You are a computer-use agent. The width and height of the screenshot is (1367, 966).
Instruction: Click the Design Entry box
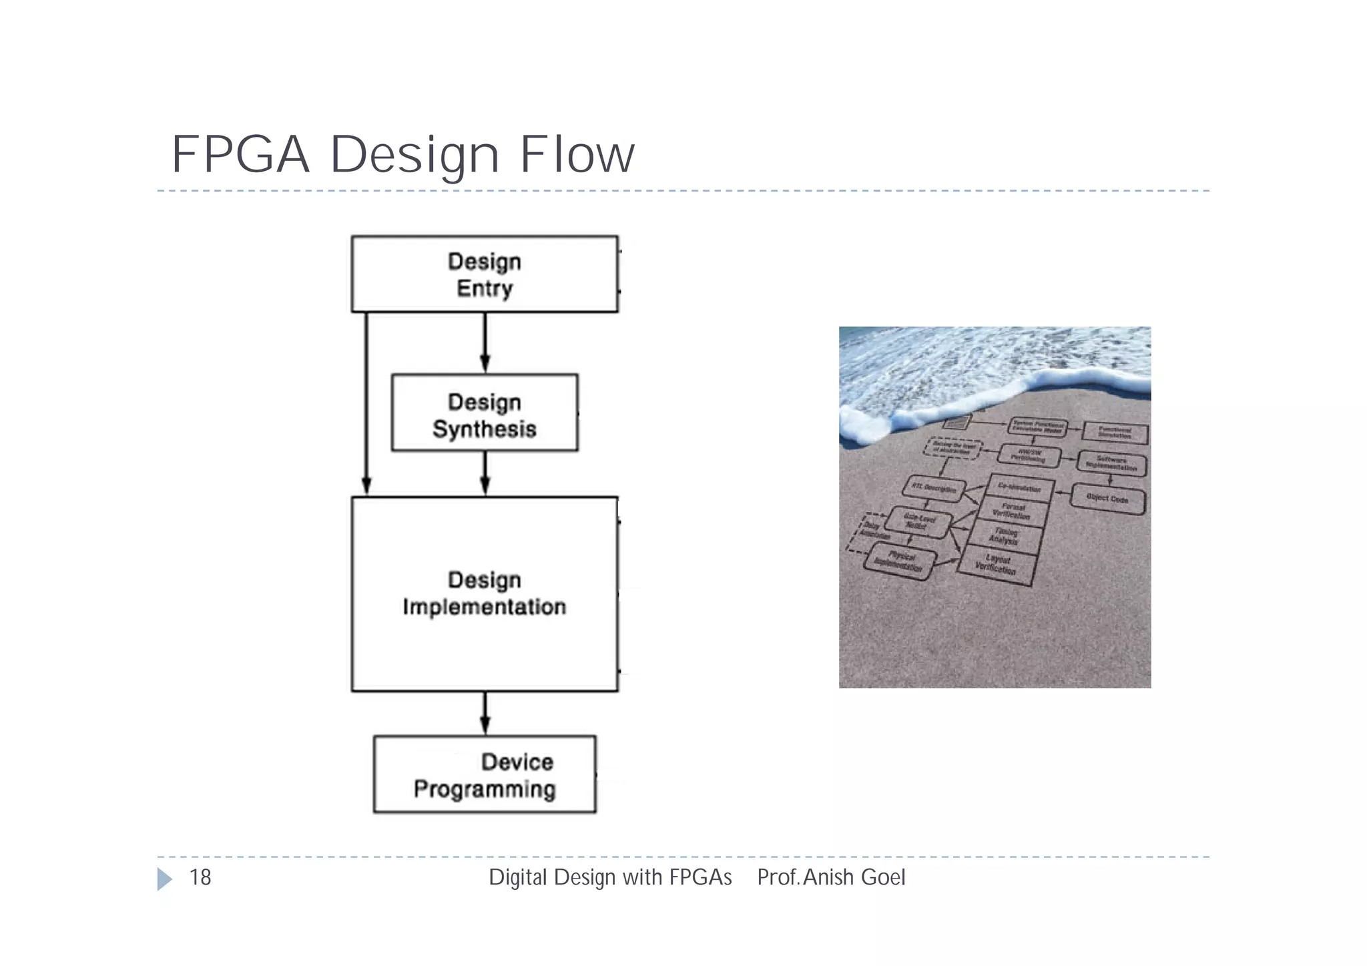coord(485,274)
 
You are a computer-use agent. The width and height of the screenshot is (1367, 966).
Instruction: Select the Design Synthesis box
coord(485,413)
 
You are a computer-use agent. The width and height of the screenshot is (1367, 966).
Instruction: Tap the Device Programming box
coord(485,774)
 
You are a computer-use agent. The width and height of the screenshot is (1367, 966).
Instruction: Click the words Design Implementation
coord(485,593)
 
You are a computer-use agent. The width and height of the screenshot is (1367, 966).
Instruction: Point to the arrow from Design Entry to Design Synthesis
coord(485,342)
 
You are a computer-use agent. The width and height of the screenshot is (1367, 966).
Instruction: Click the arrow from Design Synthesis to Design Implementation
coord(485,473)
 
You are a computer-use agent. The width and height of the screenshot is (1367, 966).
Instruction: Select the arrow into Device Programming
coord(485,713)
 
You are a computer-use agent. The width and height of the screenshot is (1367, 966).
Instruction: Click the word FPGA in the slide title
coord(241,155)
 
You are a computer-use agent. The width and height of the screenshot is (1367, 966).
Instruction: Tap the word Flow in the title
coord(577,155)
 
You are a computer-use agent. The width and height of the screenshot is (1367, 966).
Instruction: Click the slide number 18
coord(200,877)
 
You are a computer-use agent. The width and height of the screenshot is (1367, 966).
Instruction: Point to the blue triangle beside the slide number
coord(164,879)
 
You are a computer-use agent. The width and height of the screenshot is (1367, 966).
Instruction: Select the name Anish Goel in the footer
coord(854,877)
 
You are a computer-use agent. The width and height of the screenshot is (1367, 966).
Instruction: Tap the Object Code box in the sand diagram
coord(1107,499)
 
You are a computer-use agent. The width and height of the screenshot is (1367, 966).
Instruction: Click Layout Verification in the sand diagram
coord(997,565)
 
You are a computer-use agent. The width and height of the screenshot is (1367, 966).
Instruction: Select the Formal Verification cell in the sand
coord(1012,511)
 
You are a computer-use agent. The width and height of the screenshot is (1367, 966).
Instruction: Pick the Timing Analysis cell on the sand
coord(1005,535)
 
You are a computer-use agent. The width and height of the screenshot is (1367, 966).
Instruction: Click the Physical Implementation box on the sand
coord(900,561)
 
